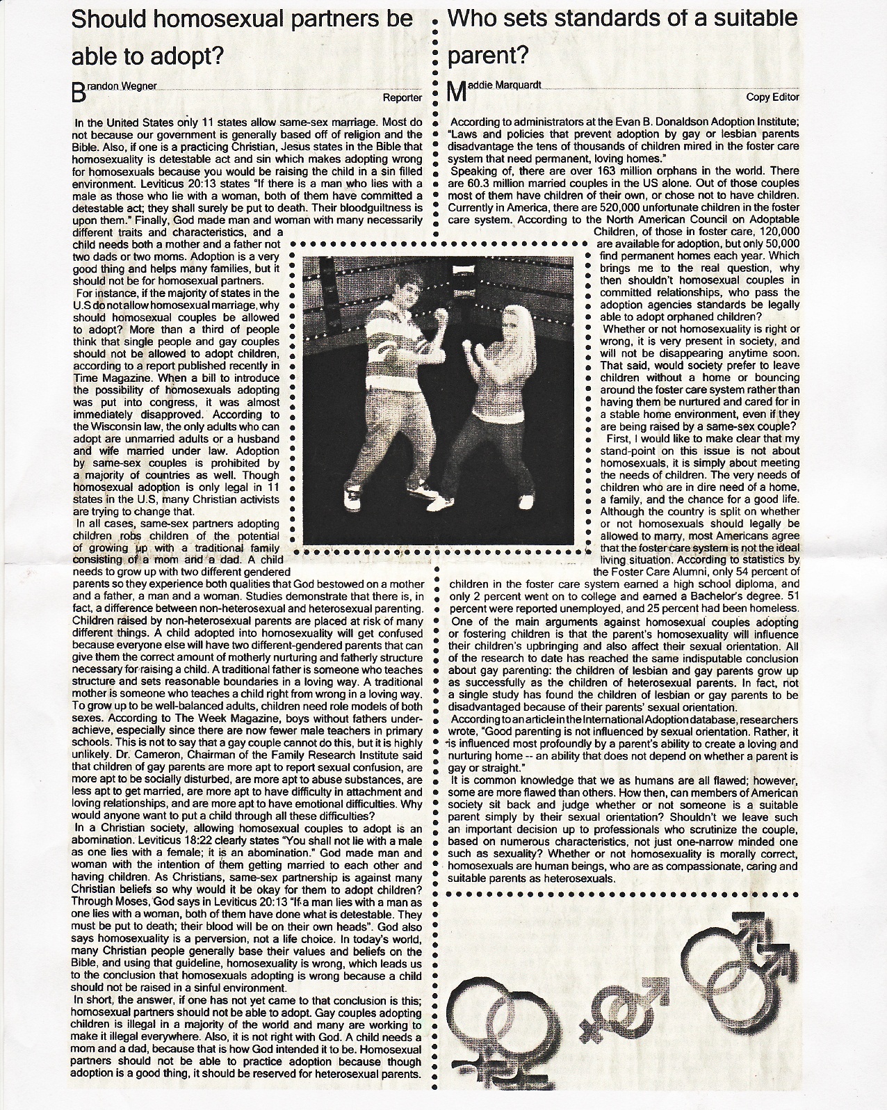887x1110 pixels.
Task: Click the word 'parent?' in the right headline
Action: pos(489,56)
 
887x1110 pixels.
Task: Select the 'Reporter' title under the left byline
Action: pos(402,98)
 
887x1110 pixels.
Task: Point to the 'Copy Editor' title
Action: pos(772,97)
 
